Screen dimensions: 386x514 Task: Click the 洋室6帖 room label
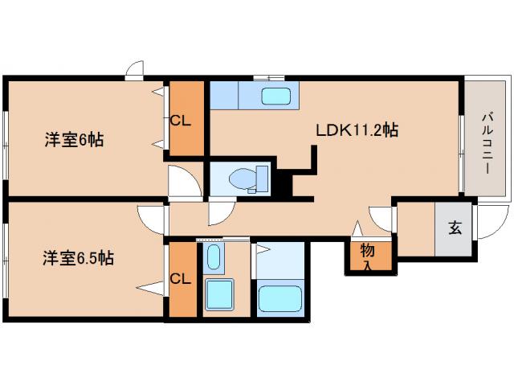[x=73, y=138]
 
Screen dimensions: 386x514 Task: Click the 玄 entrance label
[x=455, y=228]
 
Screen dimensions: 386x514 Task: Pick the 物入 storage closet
[x=368, y=255]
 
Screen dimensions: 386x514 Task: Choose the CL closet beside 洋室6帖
[x=182, y=121]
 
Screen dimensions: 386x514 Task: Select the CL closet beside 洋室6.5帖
[x=182, y=280]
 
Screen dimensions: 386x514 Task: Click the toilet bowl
[x=242, y=178]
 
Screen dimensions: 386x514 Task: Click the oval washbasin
[x=214, y=258]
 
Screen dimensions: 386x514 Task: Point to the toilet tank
[x=260, y=178]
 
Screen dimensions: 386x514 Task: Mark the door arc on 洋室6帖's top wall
[x=135, y=71]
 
